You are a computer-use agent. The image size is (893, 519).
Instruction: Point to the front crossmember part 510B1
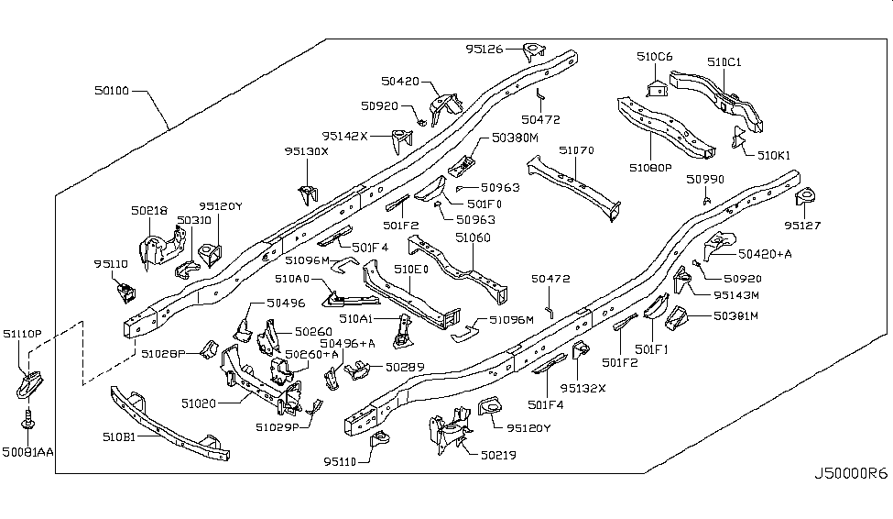click(169, 426)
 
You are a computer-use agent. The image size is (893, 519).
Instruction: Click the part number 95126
click(485, 49)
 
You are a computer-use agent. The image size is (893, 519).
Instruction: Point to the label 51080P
click(650, 168)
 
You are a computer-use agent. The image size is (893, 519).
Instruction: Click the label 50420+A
click(765, 253)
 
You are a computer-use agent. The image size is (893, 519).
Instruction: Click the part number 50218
click(147, 211)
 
